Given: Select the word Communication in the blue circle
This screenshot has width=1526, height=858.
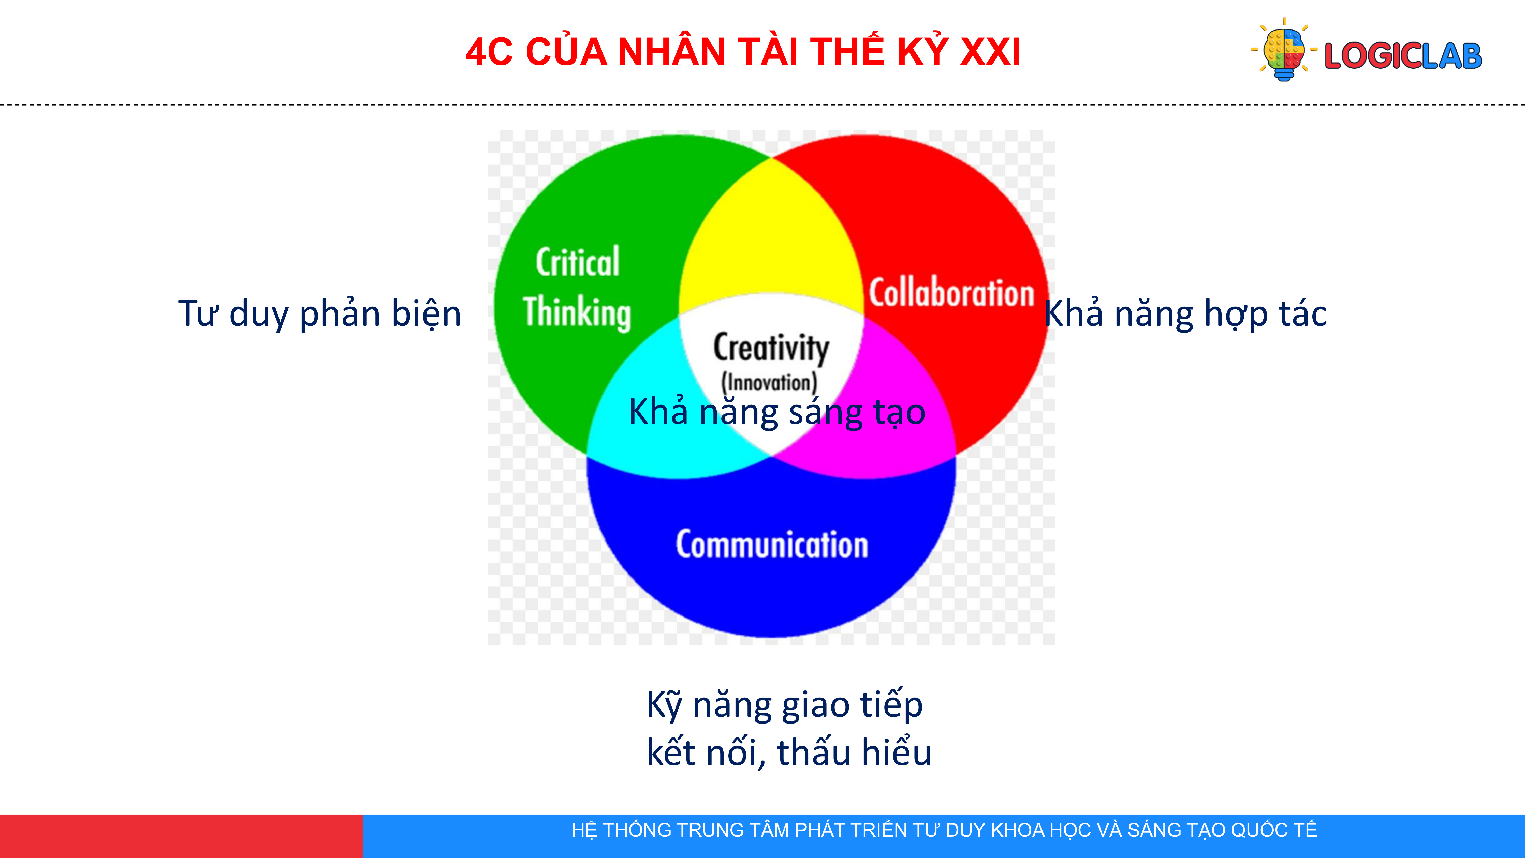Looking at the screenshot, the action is [x=772, y=545].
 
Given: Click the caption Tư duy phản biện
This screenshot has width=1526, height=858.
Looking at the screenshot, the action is [x=320, y=314].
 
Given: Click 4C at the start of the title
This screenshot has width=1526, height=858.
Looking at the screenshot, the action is [x=489, y=52].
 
